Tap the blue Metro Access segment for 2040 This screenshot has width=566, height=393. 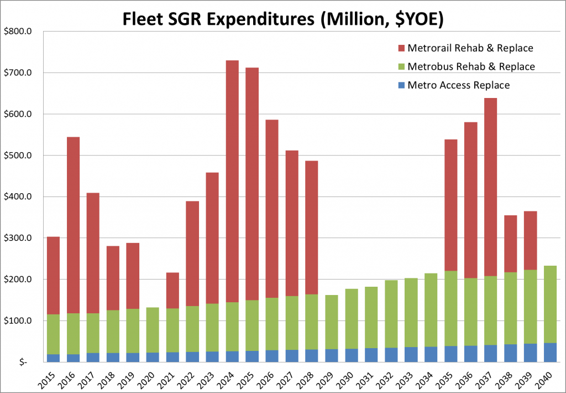click(549, 353)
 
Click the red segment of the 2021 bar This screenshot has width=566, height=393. click(172, 283)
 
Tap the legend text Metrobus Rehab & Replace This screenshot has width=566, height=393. click(471, 66)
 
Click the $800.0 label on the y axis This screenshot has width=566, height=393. click(19, 32)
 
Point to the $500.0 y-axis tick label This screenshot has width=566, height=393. click(19, 156)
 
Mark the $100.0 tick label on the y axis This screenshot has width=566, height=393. click(19, 321)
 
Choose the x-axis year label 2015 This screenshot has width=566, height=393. click(51, 379)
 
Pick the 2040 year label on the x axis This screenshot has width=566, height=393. click(547, 379)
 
